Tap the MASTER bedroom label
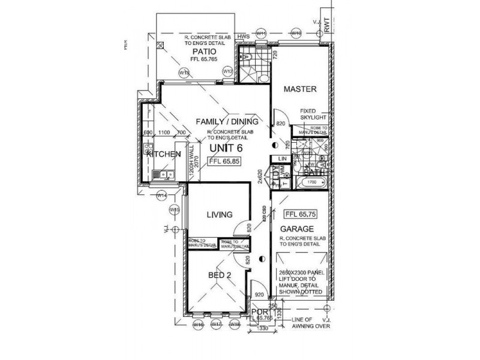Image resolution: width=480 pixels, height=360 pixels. pos(299,89)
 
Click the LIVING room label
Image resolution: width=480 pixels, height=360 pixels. pos(219,215)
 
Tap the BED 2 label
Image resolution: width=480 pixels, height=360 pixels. pos(220,275)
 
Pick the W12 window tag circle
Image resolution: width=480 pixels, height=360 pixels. pos(227,71)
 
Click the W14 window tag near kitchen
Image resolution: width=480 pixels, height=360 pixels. pos(161,196)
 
